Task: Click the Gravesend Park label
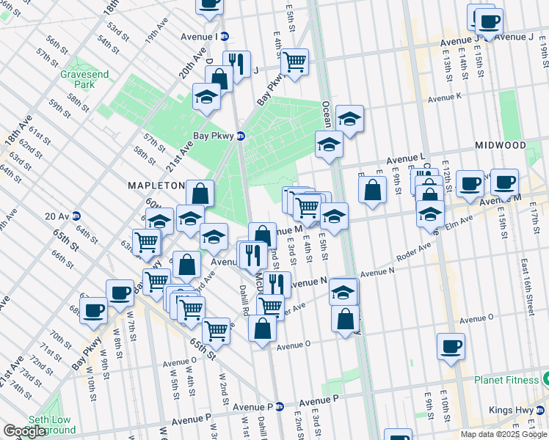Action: [79, 79]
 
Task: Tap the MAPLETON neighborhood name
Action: [156, 186]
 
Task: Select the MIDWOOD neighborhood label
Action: [501, 145]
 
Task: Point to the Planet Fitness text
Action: [506, 380]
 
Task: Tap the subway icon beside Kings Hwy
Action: [541, 410]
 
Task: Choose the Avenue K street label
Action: [444, 97]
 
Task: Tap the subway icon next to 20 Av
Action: [76, 216]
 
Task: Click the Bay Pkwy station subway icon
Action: [240, 136]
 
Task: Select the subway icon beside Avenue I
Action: [225, 36]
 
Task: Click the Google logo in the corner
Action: [25, 431]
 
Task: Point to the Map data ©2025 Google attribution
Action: [503, 434]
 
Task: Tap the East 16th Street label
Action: [525, 287]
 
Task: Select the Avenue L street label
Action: [407, 158]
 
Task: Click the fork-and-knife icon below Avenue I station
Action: [236, 64]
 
